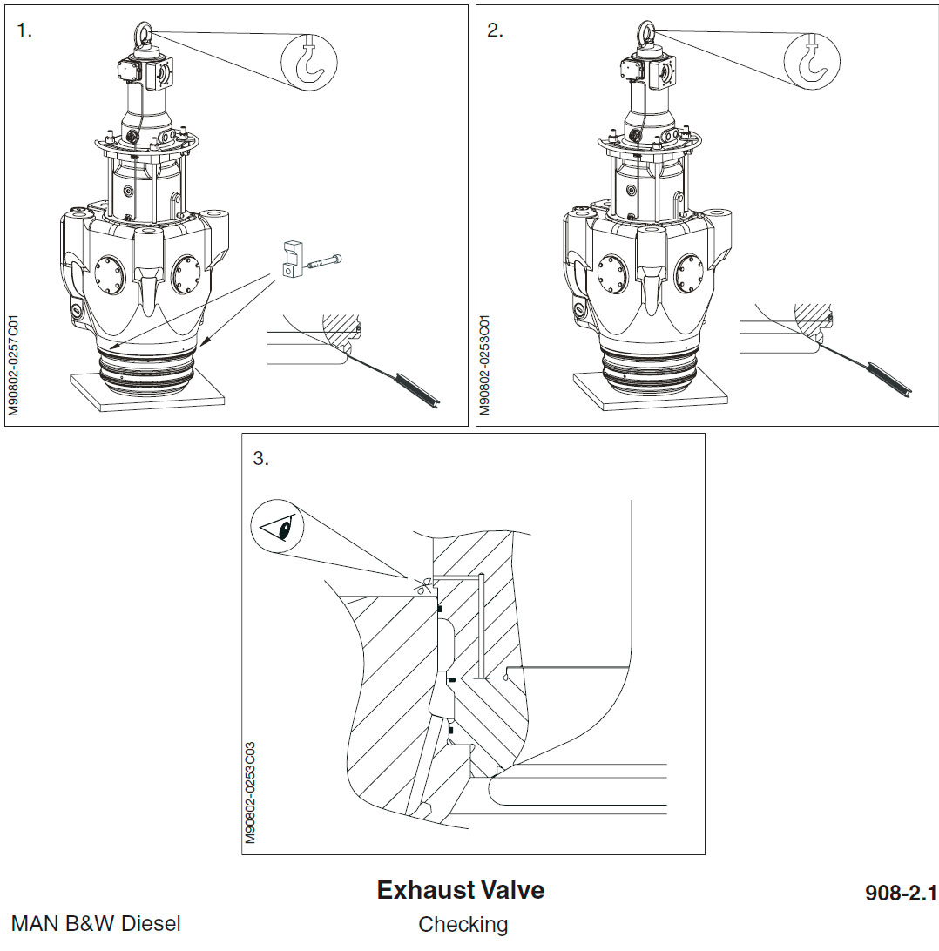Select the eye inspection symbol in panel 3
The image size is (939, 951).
point(275,528)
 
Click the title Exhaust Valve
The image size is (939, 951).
point(460,890)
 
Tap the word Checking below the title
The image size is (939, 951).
point(463,924)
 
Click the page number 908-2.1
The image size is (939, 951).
point(900,893)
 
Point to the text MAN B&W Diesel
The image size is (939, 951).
point(96,923)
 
